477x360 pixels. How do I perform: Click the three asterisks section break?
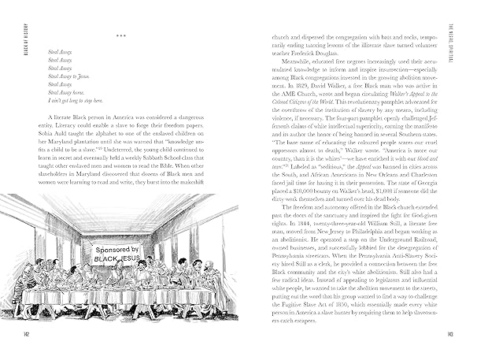click(x=120, y=35)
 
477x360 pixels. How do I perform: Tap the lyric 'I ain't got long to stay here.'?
click(x=76, y=101)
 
